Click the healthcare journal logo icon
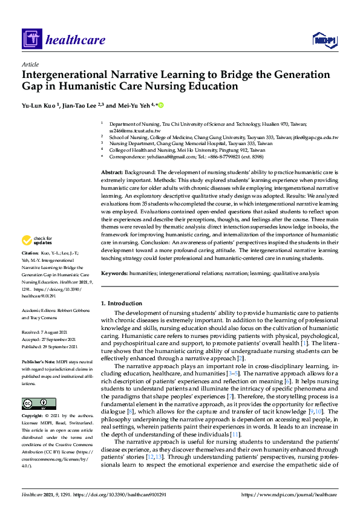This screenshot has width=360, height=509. point(31,40)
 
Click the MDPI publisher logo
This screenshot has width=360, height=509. point(324,40)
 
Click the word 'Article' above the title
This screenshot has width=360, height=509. point(30,64)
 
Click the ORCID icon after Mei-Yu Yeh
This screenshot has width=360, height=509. point(161,105)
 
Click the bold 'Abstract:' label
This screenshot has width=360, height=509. point(114,172)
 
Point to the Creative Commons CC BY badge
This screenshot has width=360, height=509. point(35,404)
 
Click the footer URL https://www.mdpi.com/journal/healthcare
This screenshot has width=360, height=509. point(288,494)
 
